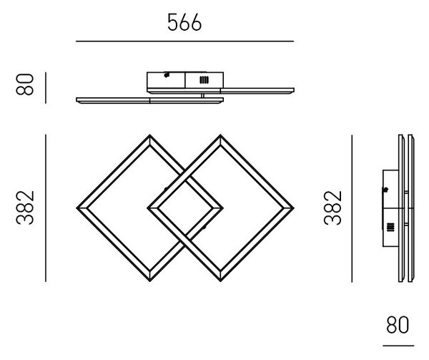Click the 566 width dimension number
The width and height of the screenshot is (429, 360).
click(184, 22)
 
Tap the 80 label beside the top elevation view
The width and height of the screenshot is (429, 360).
click(25, 84)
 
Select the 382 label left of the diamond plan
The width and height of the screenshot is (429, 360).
click(25, 208)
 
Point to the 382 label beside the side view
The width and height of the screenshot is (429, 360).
click(332, 208)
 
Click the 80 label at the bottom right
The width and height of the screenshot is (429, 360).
click(398, 325)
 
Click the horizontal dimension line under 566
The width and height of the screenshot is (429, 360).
click(184, 42)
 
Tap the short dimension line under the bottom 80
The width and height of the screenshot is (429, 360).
click(398, 346)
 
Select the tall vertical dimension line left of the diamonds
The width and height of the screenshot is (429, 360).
click(46, 208)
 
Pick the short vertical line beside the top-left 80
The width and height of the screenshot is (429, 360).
click(46, 88)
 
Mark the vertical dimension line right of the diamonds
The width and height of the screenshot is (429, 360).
click(352, 208)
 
